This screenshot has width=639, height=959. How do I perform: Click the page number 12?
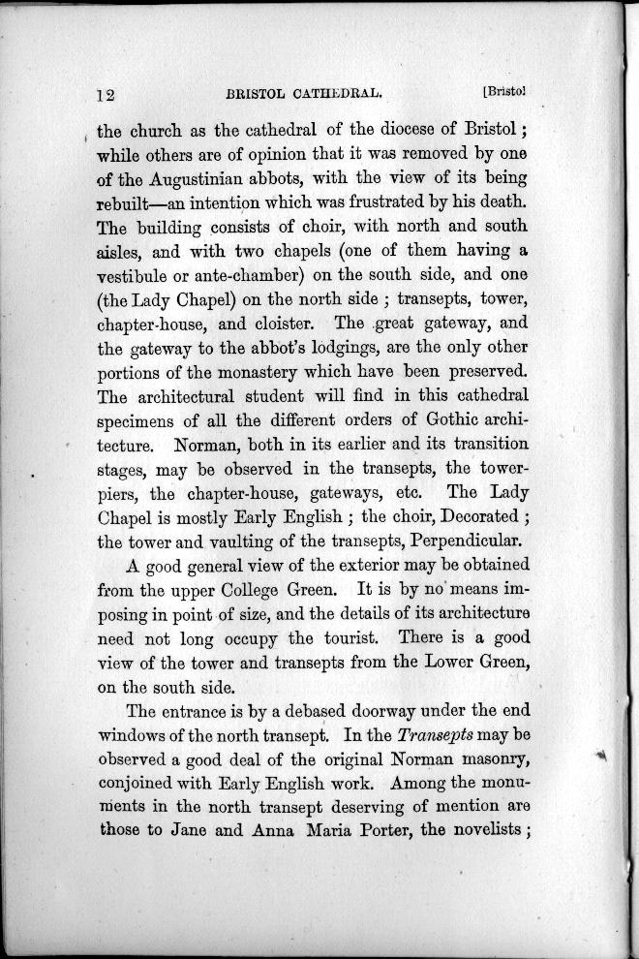pos(106,95)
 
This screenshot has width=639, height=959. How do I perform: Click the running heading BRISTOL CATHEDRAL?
pos(299,95)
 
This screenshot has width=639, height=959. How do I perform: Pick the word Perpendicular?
pos(463,541)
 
